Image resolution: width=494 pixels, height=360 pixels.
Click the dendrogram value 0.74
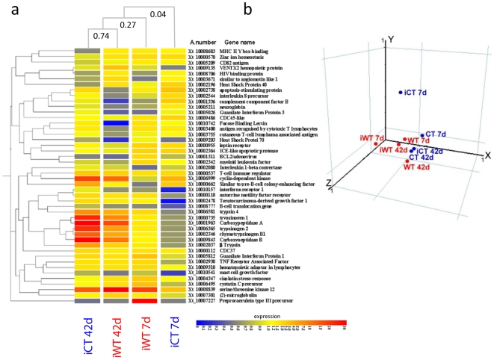100,35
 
